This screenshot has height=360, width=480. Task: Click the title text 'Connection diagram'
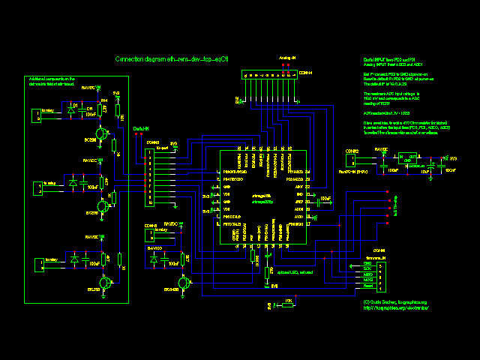click(139, 58)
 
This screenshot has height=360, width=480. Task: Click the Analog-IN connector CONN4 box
click(269, 74)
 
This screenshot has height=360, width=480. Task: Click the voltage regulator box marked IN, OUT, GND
click(409, 160)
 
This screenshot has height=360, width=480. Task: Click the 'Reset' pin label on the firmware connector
click(368, 286)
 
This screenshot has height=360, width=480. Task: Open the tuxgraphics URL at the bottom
click(395, 307)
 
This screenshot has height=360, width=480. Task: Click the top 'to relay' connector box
click(35, 115)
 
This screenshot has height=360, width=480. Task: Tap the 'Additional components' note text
click(52, 80)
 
